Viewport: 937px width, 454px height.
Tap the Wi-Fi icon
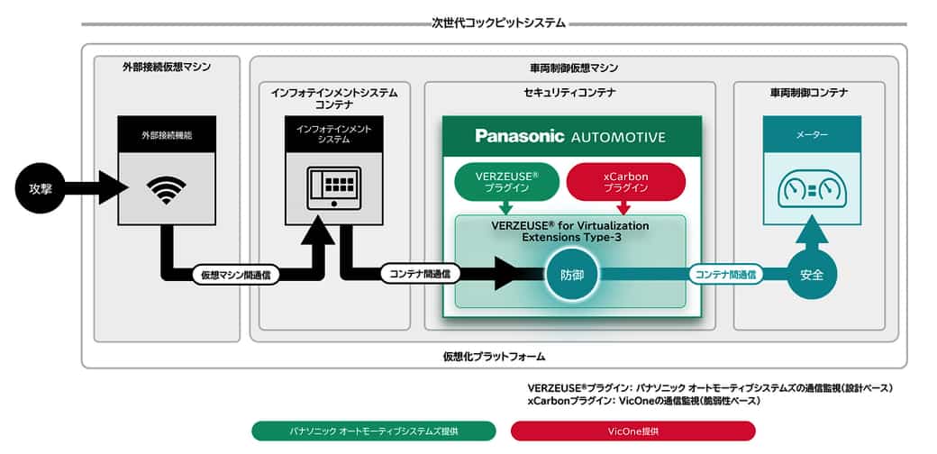(166, 190)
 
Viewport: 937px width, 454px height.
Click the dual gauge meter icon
(812, 192)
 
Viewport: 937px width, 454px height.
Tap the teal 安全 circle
(812, 275)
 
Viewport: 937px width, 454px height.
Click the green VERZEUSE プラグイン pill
(506, 182)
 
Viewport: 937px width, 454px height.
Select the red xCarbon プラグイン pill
(625, 182)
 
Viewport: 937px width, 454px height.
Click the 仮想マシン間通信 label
(235, 275)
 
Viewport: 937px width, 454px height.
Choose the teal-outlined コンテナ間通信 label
(725, 274)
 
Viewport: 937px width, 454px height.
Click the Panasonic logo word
(520, 136)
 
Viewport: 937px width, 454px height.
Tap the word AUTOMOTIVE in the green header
(618, 137)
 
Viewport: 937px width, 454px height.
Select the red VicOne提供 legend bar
(632, 431)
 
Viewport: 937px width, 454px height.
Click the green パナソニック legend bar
(374, 431)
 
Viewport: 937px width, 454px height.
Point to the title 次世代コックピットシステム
(497, 24)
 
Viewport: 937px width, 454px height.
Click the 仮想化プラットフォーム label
(495, 357)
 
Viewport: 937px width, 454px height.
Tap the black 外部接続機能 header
(166, 134)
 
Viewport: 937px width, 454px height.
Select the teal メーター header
(812, 134)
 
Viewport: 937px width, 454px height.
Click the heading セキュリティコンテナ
(569, 93)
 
